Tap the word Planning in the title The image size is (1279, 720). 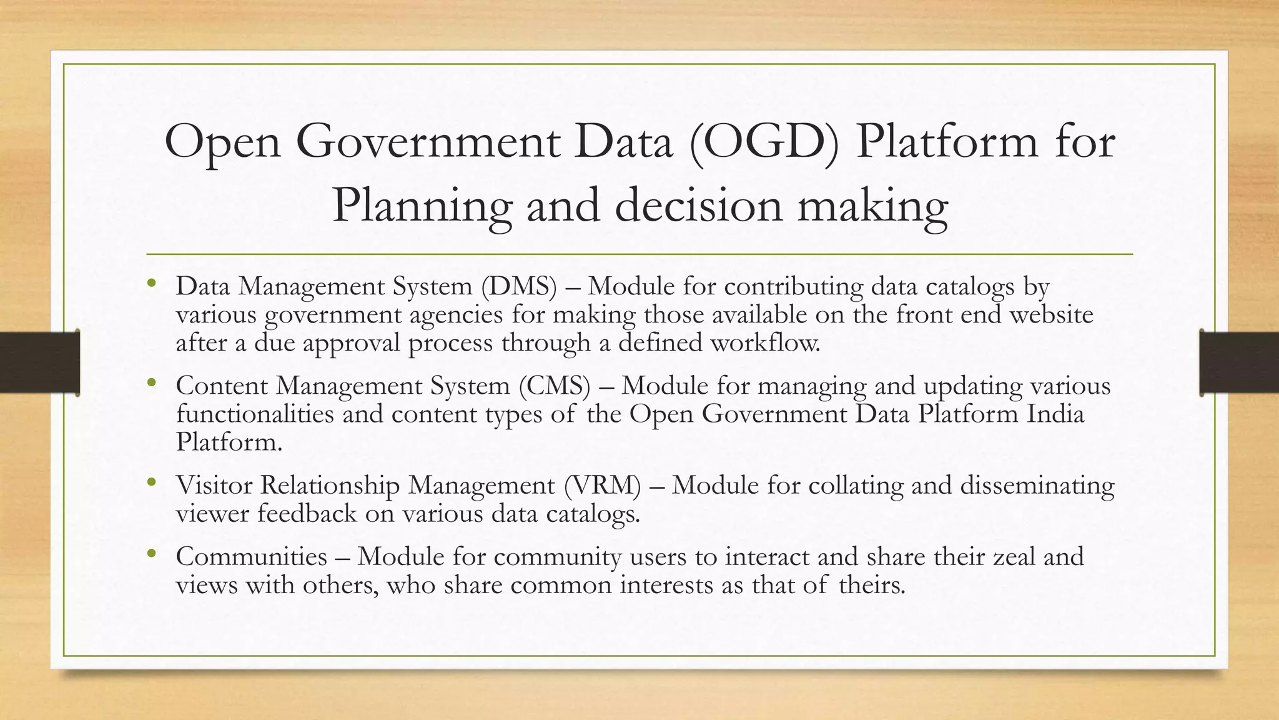point(422,206)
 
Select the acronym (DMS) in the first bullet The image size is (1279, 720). point(518,286)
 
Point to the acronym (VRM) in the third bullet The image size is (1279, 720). point(602,486)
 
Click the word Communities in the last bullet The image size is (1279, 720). point(251,556)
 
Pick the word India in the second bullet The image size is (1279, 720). point(1055,414)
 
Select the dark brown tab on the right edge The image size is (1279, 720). point(1239,362)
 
